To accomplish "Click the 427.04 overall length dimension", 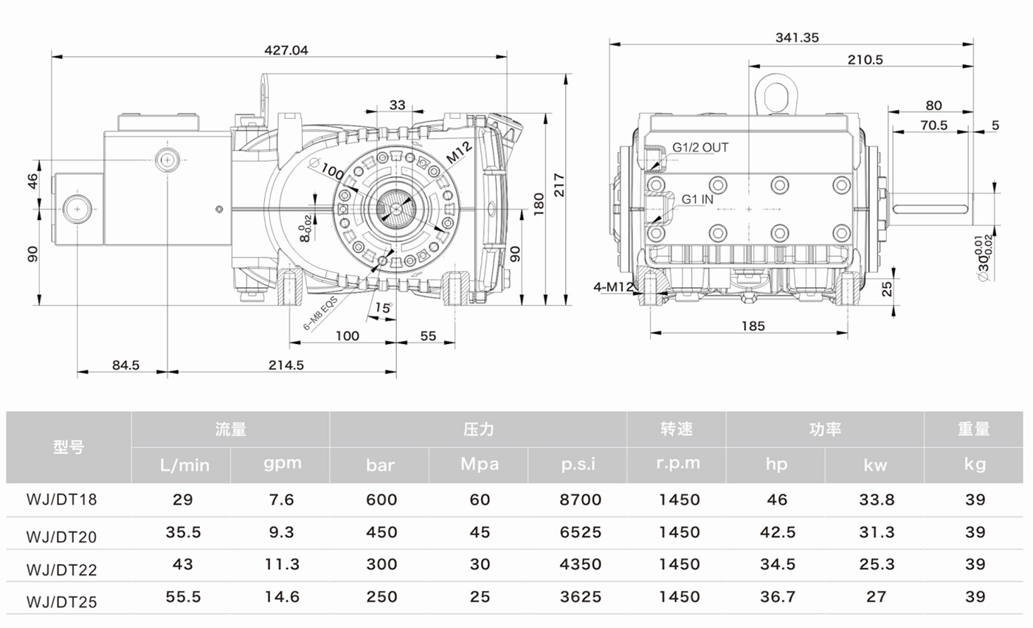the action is coord(286,49).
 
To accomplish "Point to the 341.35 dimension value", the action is coord(797,38).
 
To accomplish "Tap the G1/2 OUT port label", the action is coord(700,148).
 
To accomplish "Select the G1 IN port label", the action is coord(697,199).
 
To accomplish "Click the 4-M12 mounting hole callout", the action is coord(613,287).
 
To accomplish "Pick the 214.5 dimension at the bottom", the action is coord(286,365).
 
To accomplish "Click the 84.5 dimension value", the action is coord(125,365).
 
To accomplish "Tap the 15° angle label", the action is coord(383,308).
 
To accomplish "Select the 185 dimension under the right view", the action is coord(753,326).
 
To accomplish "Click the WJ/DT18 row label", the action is coord(62,500).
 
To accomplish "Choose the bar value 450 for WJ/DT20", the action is coord(381,532).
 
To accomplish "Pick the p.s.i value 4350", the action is coord(581,564).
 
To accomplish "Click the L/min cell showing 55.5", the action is coord(183,597).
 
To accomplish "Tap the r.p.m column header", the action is coord(678,463).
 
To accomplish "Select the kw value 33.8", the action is coord(877,500).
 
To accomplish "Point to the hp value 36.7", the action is coord(778,597).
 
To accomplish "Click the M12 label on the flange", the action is coord(459,152).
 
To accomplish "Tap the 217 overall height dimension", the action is coord(559,185).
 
